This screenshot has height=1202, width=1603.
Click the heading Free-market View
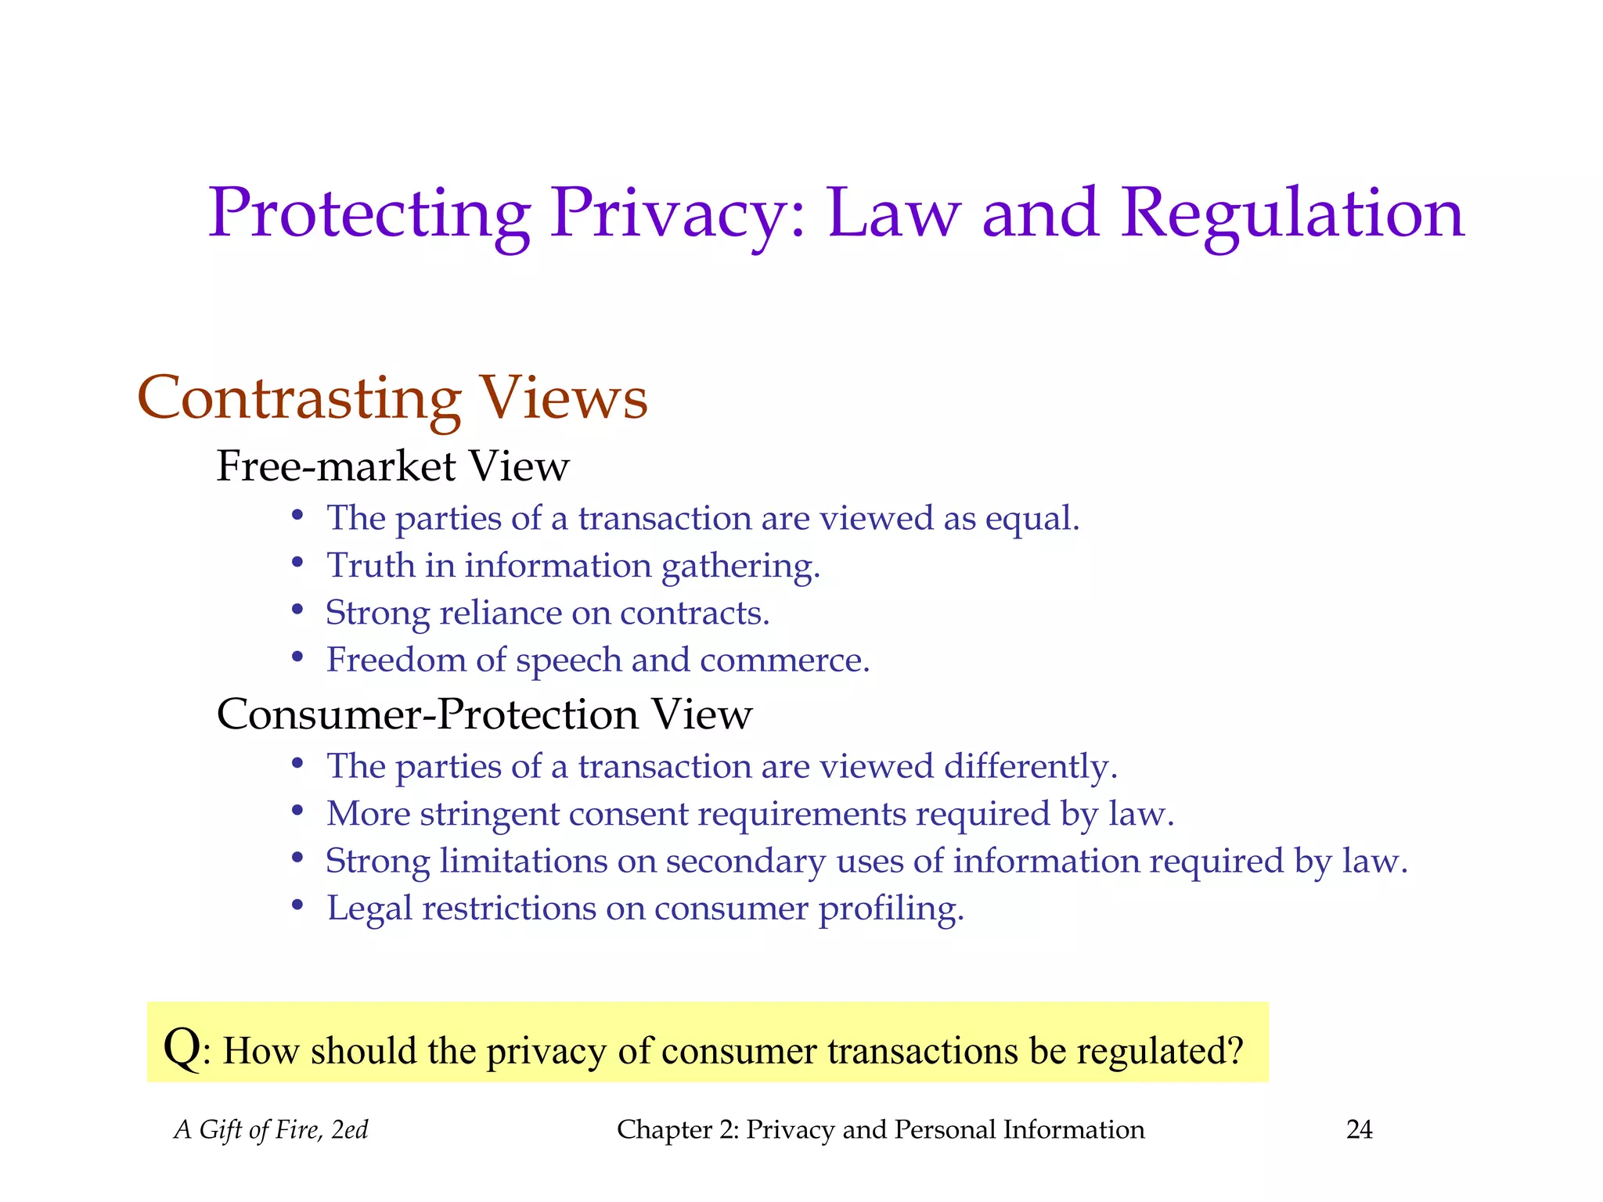pos(393,466)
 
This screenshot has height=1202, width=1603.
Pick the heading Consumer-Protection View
pos(484,714)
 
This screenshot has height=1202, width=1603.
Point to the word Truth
pos(370,566)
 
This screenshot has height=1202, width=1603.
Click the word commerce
pos(784,660)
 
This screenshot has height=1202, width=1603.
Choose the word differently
pos(1030,767)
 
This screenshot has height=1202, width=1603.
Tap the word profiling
pos(891,909)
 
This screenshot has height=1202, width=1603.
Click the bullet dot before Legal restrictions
pos(297,906)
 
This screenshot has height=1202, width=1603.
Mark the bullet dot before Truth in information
pos(297,563)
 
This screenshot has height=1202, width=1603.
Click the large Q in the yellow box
pos(182,1047)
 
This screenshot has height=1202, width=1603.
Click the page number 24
pos(1359,1130)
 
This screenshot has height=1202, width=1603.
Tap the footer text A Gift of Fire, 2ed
pos(271,1130)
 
